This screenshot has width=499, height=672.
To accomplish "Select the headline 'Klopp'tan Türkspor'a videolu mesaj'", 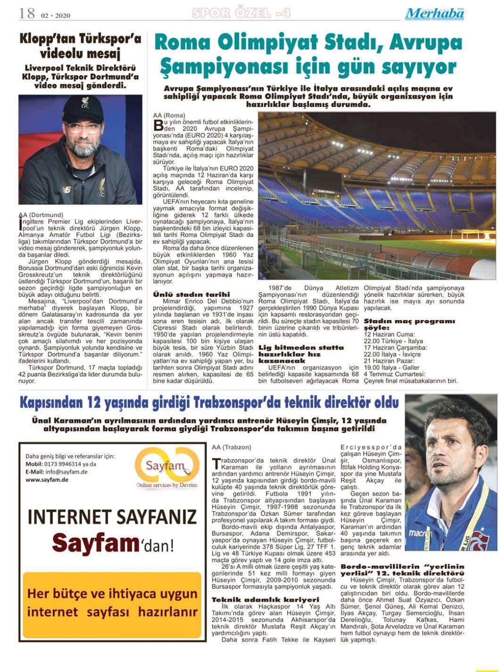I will [x=80, y=46].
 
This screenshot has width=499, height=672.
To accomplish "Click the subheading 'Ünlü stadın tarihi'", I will [x=191, y=294].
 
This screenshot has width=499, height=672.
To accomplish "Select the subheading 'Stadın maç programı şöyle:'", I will [x=409, y=324].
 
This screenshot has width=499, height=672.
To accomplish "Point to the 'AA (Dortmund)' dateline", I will [x=41, y=215].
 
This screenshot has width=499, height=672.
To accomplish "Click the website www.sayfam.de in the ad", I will [x=47, y=479].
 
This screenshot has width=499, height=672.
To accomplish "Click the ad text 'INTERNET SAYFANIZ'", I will [x=112, y=517].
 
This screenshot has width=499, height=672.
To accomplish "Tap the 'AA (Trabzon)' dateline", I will [x=232, y=447].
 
